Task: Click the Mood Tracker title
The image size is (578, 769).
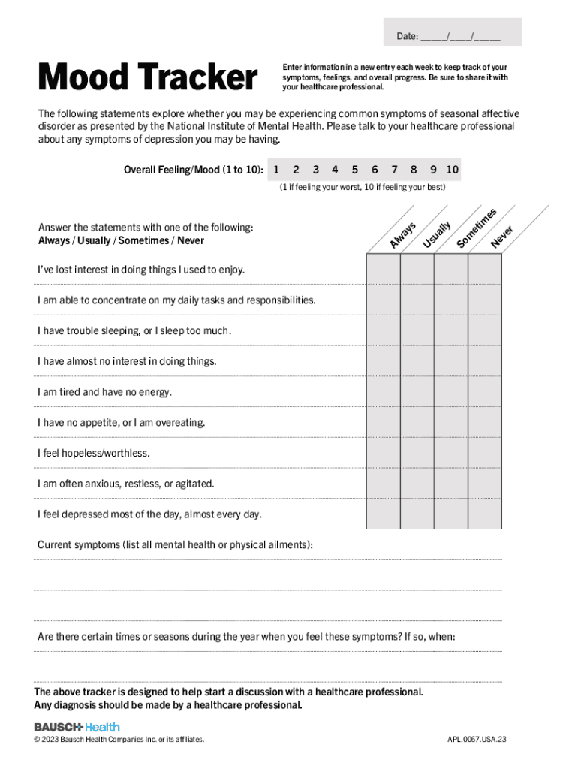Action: (147, 77)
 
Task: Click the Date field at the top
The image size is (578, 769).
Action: (453, 35)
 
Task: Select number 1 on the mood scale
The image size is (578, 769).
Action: (277, 170)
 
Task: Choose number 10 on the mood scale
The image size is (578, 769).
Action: (452, 170)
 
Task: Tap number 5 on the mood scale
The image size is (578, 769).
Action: (354, 170)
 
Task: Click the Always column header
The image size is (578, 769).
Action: (403, 234)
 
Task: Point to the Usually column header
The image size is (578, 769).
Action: (437, 234)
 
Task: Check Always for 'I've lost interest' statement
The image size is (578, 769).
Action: (383, 269)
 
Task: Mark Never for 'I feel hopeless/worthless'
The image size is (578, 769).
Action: (485, 453)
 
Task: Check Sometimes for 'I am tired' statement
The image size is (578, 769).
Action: (451, 392)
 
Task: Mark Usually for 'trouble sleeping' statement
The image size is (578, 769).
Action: (417, 330)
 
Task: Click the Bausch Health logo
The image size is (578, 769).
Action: (77, 727)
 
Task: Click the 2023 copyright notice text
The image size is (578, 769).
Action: (119, 740)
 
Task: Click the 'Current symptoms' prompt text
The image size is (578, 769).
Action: (175, 544)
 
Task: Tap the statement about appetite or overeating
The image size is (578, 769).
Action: (121, 423)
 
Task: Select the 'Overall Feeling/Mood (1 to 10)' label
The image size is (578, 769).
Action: (193, 170)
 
